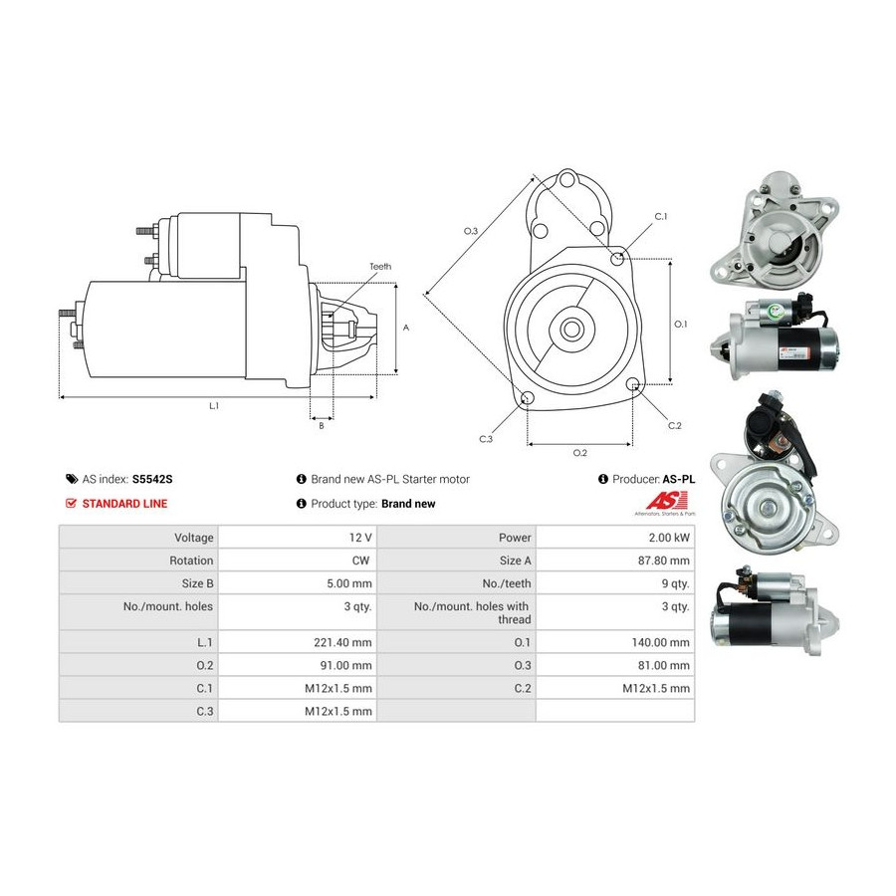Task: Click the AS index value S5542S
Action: point(152,479)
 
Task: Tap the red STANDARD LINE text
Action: point(124,504)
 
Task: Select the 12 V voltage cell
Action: point(360,538)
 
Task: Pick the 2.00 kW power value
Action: point(669,538)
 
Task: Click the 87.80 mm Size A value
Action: point(664,560)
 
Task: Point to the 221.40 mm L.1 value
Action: point(342,642)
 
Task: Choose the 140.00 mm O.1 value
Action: point(661,642)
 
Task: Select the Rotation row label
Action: point(191,560)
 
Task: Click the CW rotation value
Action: point(360,560)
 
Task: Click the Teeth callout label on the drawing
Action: point(380,266)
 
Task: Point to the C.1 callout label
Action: point(661,217)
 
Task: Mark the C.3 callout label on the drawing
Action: point(486,439)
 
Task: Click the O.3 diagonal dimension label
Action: point(470,231)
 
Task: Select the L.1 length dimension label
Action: point(214,406)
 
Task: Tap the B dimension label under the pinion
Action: point(322,426)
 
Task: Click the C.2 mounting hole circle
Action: point(632,384)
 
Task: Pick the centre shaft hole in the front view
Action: point(570,329)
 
